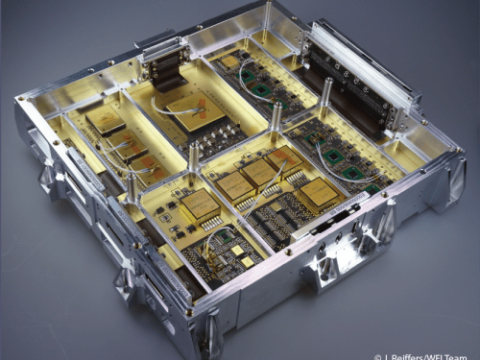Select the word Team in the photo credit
point(464,354)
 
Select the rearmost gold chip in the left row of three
point(105,120)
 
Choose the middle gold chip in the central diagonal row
point(260,173)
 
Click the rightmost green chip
point(354,172)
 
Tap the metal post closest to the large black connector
point(325,97)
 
